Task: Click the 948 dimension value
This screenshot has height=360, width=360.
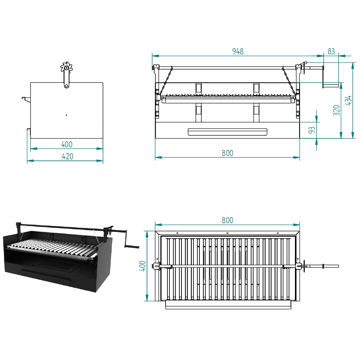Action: click(238, 51)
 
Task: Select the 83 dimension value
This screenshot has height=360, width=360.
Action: click(331, 51)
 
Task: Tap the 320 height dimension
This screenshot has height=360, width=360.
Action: click(337, 110)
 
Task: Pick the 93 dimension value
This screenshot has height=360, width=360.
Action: click(312, 130)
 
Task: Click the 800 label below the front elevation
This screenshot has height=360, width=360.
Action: click(227, 153)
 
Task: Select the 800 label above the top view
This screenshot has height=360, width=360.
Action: click(227, 220)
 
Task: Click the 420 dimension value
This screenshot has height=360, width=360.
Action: click(67, 156)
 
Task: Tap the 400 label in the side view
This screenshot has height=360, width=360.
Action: click(67, 144)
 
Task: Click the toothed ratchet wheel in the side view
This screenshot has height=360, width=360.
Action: click(66, 67)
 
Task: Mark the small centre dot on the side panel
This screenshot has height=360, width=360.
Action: click(66, 115)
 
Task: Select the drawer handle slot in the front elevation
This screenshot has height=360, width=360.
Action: click(227, 132)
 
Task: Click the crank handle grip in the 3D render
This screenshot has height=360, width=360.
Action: click(132, 247)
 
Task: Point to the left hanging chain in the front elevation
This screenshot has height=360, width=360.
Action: click(166, 80)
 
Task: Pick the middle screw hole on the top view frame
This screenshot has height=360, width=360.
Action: click(227, 233)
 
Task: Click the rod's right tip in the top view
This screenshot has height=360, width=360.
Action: click(338, 266)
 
